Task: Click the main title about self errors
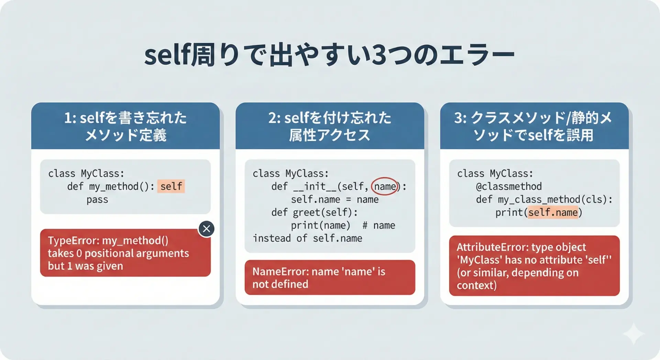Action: pyautogui.click(x=329, y=55)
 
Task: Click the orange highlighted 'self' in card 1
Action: pyautogui.click(x=171, y=186)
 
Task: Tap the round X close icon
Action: pyautogui.click(x=206, y=229)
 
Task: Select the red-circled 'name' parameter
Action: pyautogui.click(x=385, y=186)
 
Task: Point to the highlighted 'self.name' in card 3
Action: pyautogui.click(x=553, y=212)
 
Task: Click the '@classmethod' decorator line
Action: pyautogui.click(x=509, y=186)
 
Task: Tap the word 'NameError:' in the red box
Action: pyautogui.click(x=280, y=272)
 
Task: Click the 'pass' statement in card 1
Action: pyautogui.click(x=97, y=200)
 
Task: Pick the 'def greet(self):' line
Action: pyautogui.click(x=314, y=212)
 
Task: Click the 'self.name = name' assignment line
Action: pyautogui.click(x=335, y=199)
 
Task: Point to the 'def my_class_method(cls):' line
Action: pyautogui.click(x=544, y=199)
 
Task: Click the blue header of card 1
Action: pyautogui.click(x=125, y=126)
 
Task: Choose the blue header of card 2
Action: pyautogui.click(x=330, y=126)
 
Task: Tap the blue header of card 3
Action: pyautogui.click(x=534, y=126)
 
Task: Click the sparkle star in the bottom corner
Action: pyautogui.click(x=634, y=334)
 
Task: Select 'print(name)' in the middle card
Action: pyautogui.click(x=320, y=226)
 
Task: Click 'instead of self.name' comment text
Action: pyautogui.click(x=307, y=238)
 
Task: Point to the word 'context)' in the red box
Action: pyautogui.click(x=476, y=285)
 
